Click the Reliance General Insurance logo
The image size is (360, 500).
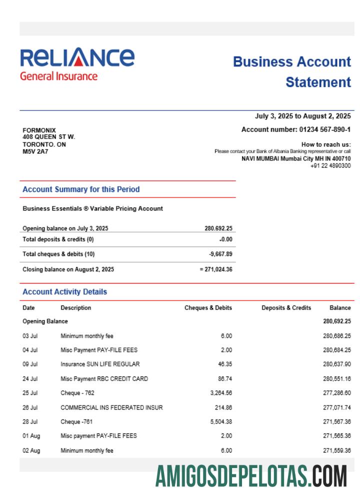click(77, 64)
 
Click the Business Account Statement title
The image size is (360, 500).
click(292, 72)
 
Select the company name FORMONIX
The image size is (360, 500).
click(39, 130)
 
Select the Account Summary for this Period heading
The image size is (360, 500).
click(81, 189)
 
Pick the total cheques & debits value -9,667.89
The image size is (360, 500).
click(220, 254)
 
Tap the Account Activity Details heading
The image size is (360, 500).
click(65, 292)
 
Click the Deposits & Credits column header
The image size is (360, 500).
click(286, 308)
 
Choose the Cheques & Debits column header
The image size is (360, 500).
click(208, 308)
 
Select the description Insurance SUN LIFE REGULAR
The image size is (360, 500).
click(100, 364)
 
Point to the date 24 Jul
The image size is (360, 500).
click(30, 378)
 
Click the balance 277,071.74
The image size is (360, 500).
click(337, 407)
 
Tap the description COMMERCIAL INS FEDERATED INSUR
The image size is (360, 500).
click(111, 407)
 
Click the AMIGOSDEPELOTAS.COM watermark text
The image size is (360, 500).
click(251, 475)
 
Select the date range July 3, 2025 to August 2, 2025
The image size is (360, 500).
click(303, 116)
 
